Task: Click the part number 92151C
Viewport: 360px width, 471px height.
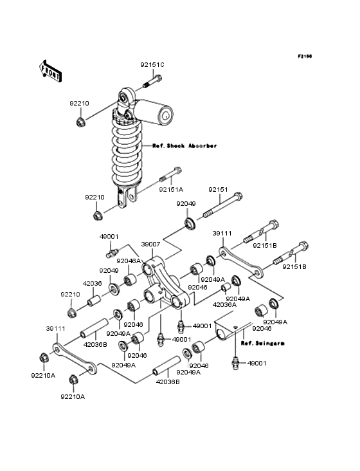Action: pyautogui.click(x=153, y=64)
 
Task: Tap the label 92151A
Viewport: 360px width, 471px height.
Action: pyautogui.click(x=172, y=190)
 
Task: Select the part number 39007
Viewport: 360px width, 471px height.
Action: pyautogui.click(x=150, y=244)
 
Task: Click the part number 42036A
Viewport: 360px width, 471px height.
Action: pyautogui.click(x=225, y=304)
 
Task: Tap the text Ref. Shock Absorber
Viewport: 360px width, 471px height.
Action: pyautogui.click(x=184, y=146)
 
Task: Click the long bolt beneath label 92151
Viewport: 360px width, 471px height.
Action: pyautogui.click(x=222, y=207)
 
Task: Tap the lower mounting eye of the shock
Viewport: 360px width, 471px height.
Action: pyautogui.click(x=128, y=197)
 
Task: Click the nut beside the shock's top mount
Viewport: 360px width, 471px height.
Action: pyautogui.click(x=81, y=122)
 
